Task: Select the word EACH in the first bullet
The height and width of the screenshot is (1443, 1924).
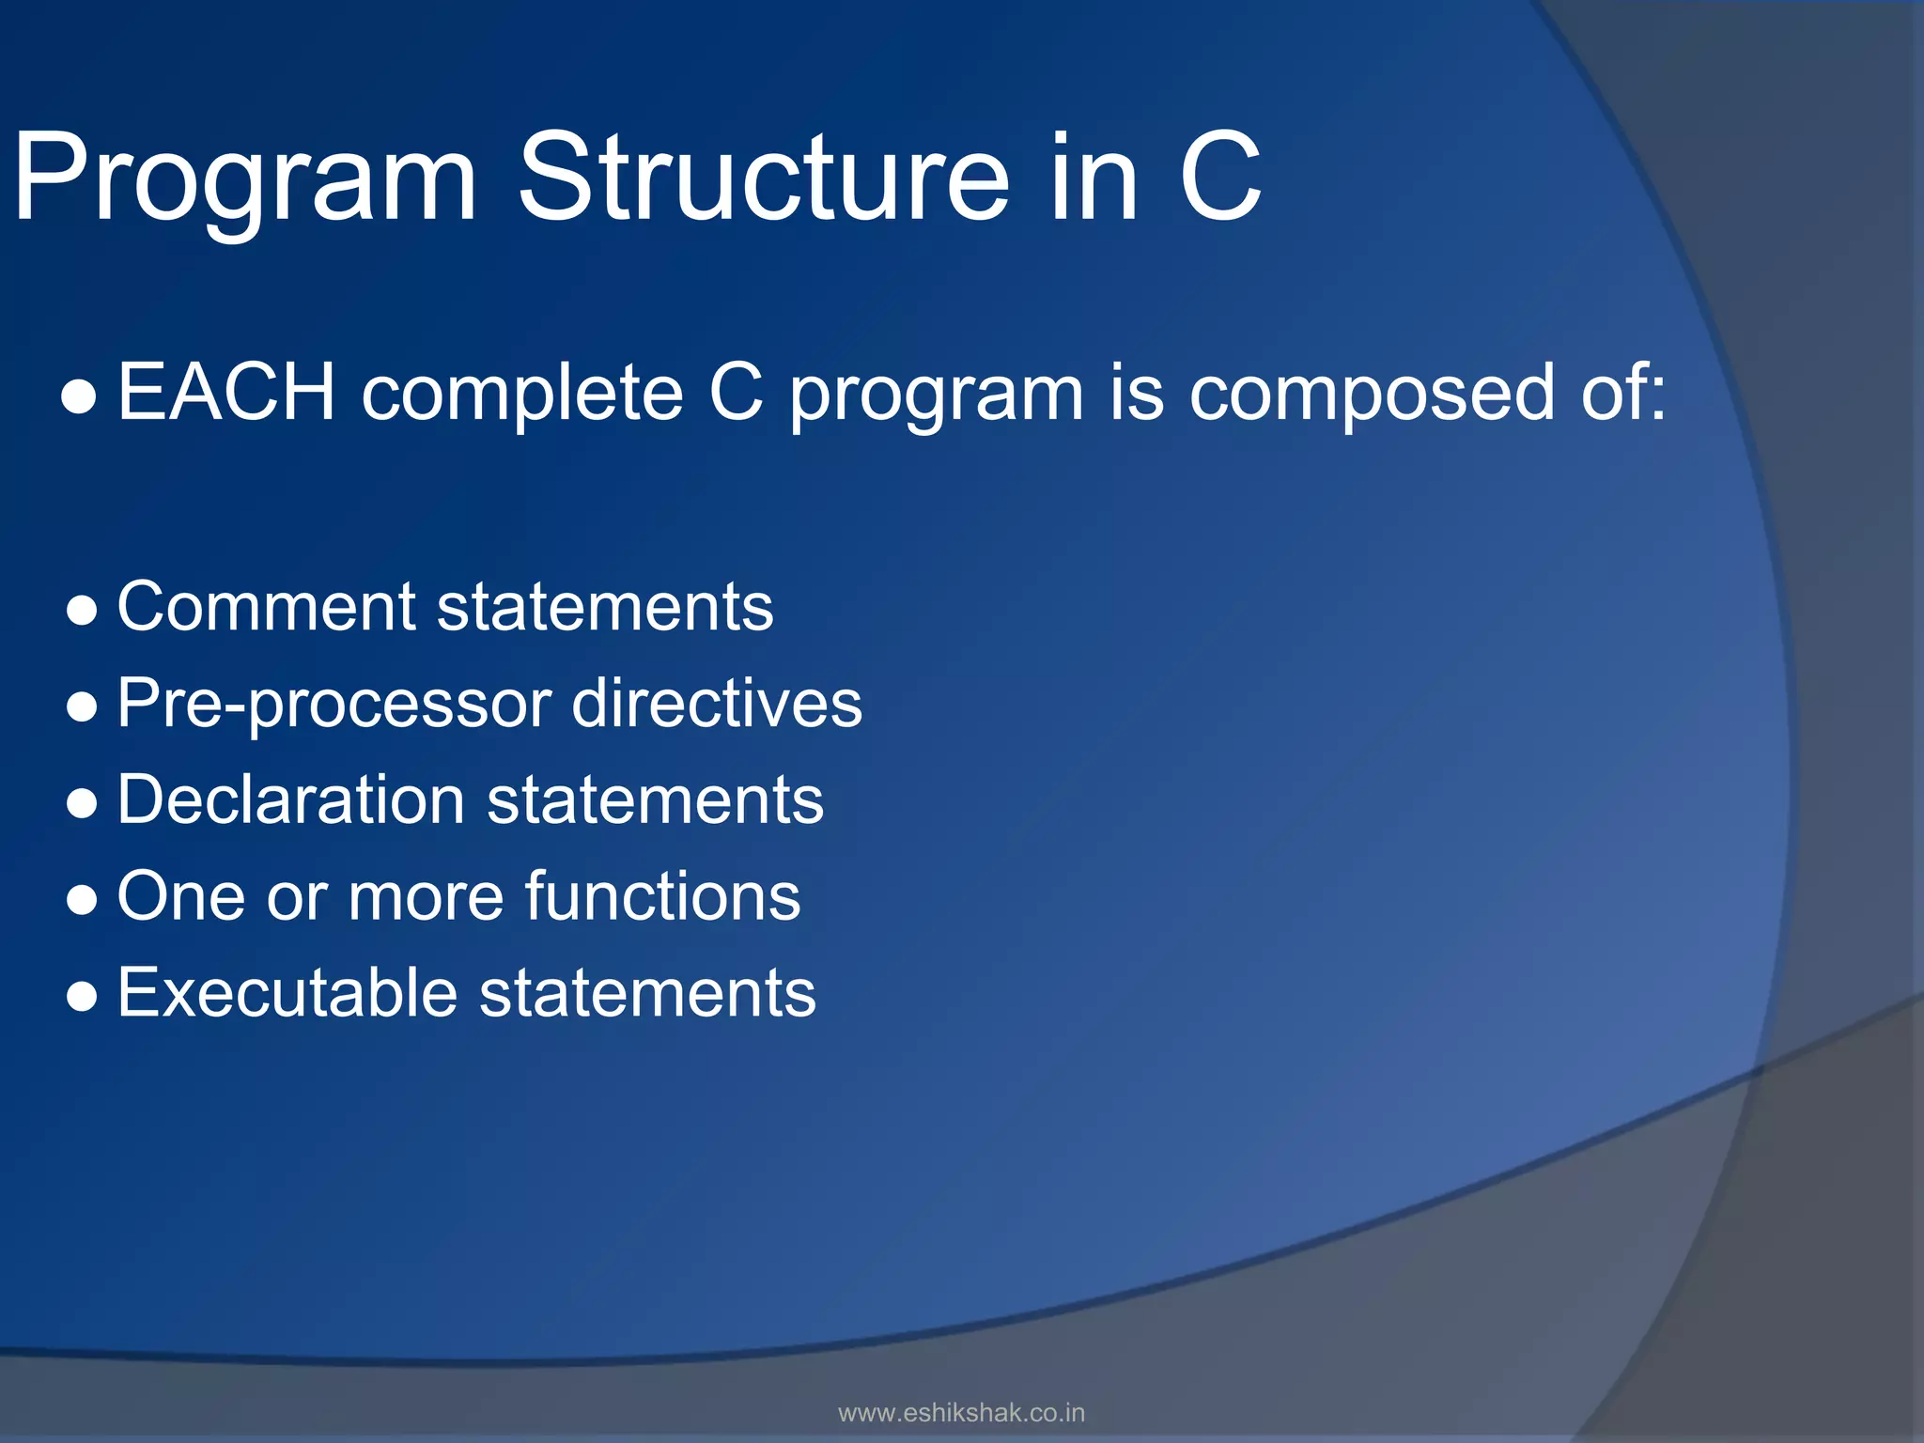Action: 226,392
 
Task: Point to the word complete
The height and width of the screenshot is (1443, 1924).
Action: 522,394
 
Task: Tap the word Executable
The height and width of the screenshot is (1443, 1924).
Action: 287,993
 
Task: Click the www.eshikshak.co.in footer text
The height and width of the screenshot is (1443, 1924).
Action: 961,1413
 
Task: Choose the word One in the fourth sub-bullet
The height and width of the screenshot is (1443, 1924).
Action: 181,896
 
